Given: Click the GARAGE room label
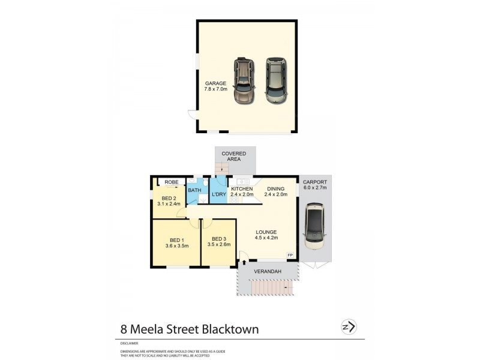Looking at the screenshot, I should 215,83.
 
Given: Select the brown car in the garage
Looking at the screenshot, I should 244,81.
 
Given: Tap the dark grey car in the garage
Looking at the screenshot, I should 276,81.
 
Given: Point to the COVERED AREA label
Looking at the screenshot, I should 234,157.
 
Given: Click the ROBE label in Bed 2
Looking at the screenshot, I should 172,182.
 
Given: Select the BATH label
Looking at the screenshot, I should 194,191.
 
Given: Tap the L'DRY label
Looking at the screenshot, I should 219,195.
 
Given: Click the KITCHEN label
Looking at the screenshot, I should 242,189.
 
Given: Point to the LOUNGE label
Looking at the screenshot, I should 266,232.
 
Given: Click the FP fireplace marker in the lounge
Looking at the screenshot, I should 290,256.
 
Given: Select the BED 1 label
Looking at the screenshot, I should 177,239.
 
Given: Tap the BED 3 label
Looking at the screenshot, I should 219,239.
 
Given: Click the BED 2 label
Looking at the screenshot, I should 169,199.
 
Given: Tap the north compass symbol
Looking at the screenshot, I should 348,326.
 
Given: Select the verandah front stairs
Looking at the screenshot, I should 273,290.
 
